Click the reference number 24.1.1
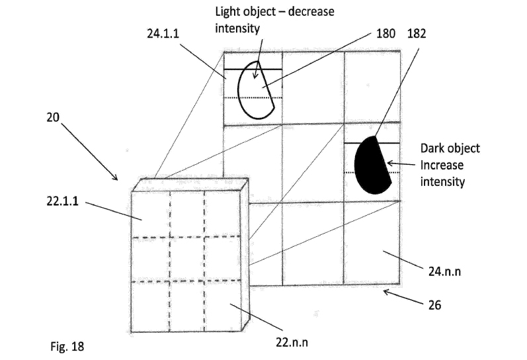(x=163, y=34)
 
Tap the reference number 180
(x=385, y=34)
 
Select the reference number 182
(x=417, y=34)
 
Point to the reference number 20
(x=53, y=117)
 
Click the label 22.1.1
(x=63, y=201)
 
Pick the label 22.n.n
(x=292, y=342)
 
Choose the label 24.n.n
(x=444, y=271)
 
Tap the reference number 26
(x=434, y=305)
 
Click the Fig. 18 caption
(x=67, y=346)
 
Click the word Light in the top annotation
(x=227, y=12)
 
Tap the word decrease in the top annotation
(x=311, y=12)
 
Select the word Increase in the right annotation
(x=442, y=165)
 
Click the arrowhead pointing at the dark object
(x=390, y=163)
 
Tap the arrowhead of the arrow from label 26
(x=387, y=292)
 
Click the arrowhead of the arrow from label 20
(x=114, y=177)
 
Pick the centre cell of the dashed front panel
(x=187, y=259)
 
